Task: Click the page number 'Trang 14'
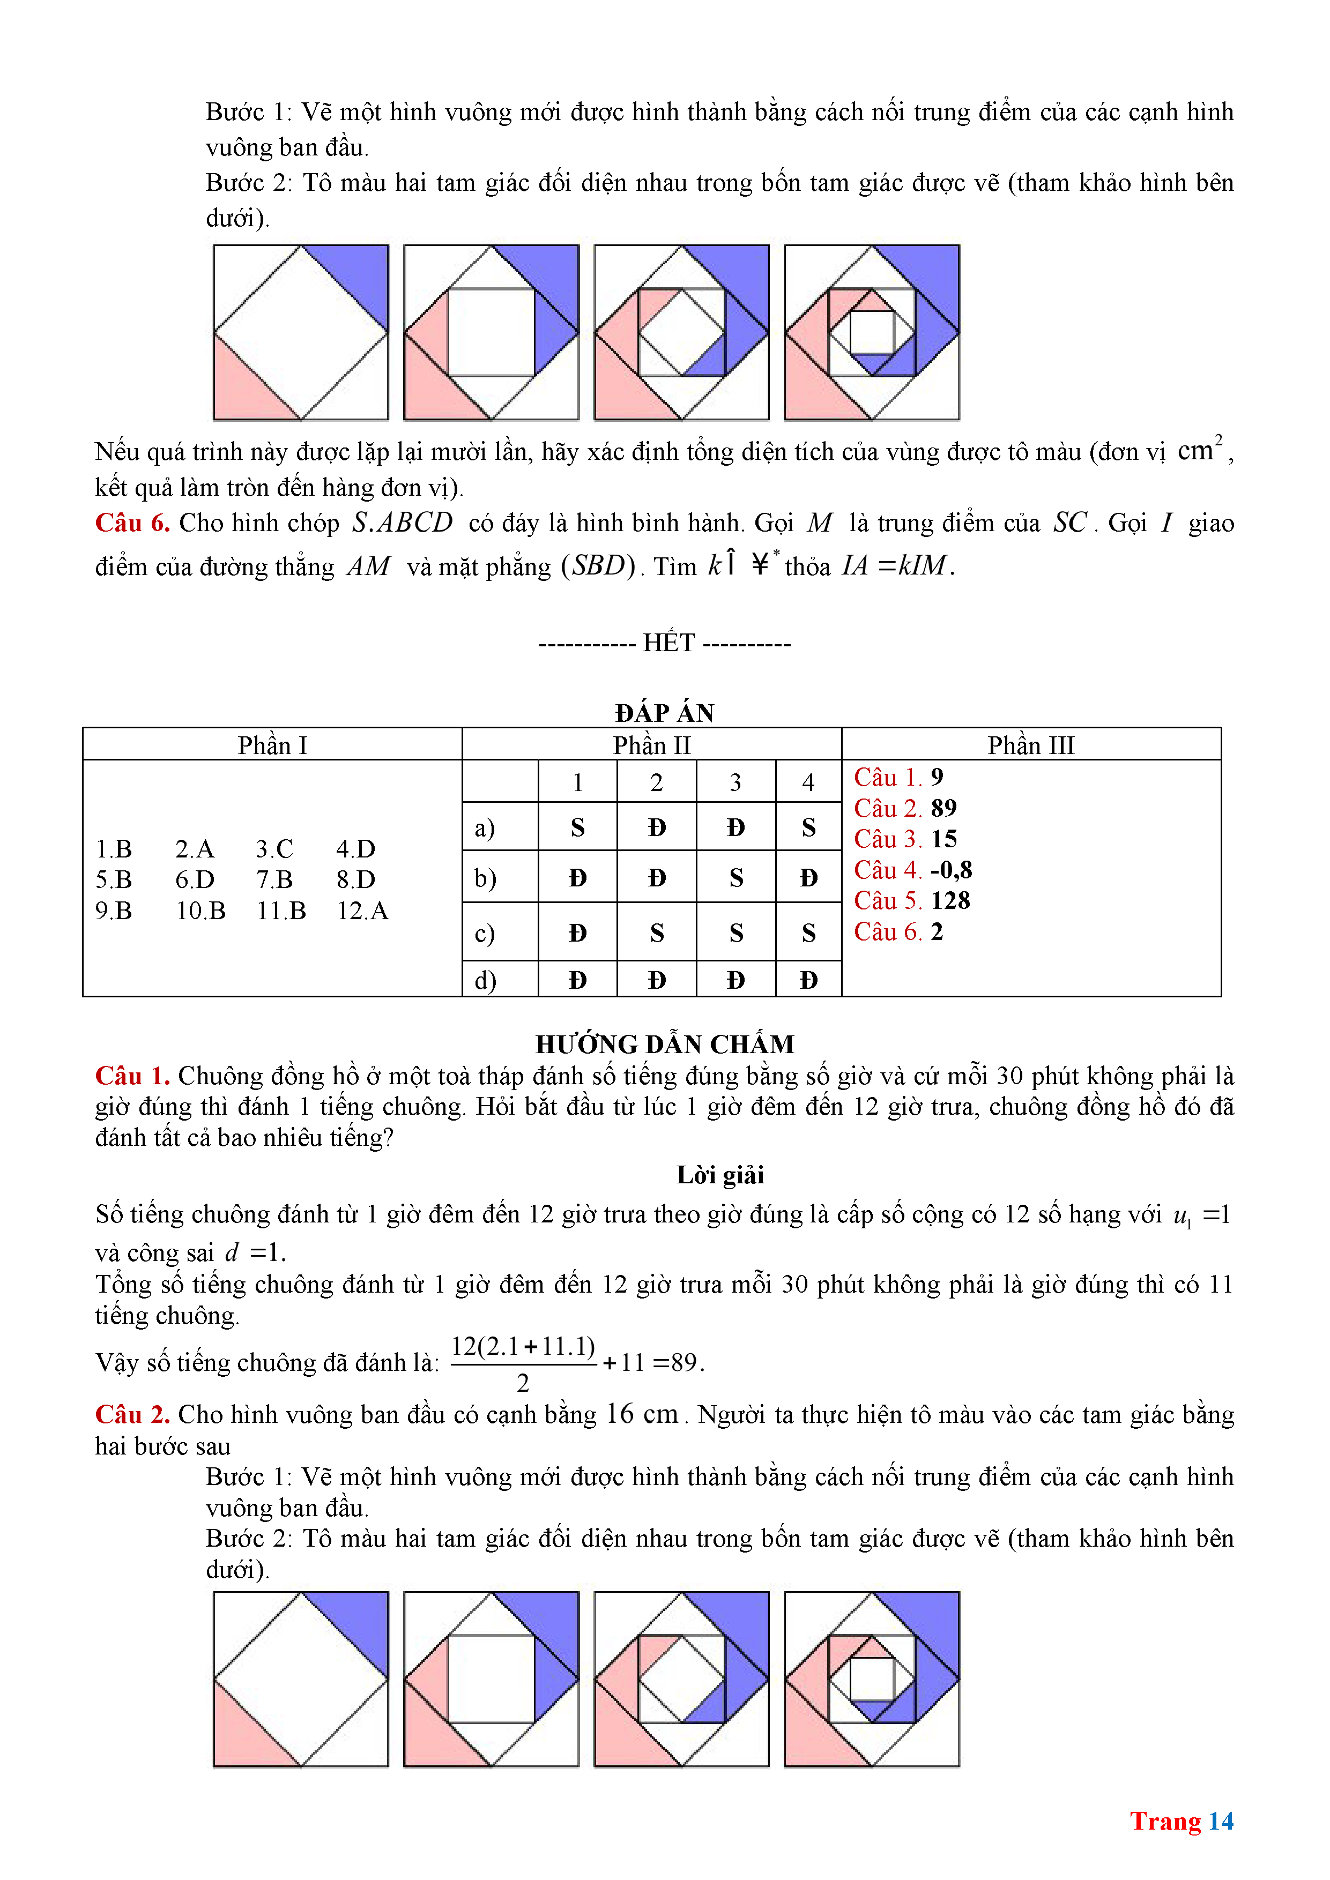click(1181, 1821)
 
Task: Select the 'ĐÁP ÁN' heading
click(664, 713)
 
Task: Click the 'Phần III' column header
click(1030, 745)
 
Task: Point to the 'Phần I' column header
click(272, 745)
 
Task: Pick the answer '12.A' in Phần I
click(362, 911)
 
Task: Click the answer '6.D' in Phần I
click(195, 879)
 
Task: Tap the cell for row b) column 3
click(735, 878)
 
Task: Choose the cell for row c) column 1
click(577, 932)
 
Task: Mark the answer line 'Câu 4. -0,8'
click(912, 870)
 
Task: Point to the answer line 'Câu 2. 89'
click(905, 808)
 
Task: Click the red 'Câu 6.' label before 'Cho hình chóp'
click(132, 523)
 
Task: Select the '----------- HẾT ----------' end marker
click(664, 643)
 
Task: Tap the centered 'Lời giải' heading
click(720, 1175)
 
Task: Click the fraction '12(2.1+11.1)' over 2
click(523, 1362)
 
